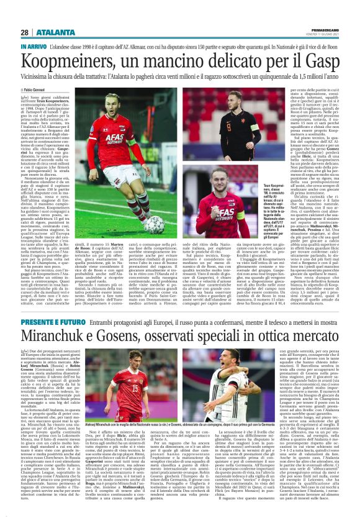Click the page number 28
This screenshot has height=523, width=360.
pyautogui.click(x=24, y=32)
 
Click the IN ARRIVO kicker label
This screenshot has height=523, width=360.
pyautogui.click(x=33, y=47)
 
